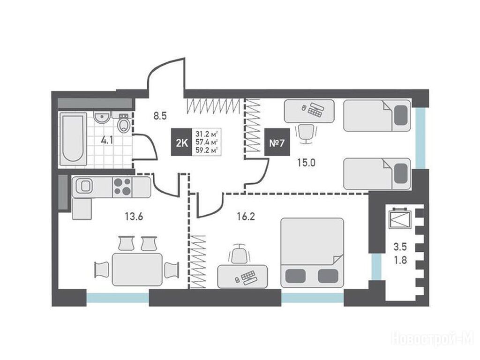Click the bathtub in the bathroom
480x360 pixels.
click(73, 139)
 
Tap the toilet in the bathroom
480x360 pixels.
click(124, 123)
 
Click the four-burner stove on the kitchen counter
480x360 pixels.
click(122, 187)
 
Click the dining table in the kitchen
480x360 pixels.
click(137, 270)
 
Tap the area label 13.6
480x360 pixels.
click(134, 217)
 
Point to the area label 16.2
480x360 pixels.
click(246, 217)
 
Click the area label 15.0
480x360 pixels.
click(307, 163)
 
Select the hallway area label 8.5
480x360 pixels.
click(160, 116)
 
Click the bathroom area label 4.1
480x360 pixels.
click(107, 141)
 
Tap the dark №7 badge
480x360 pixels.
click(277, 142)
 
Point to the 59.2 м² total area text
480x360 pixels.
click(207, 150)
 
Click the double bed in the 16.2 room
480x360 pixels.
click(312, 253)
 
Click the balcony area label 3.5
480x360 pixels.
click(400, 247)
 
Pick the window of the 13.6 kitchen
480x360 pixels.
click(118, 298)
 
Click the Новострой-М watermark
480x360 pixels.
click(433, 338)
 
